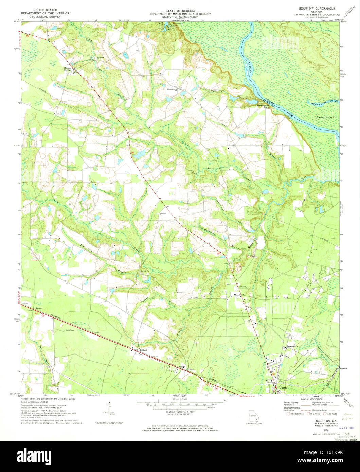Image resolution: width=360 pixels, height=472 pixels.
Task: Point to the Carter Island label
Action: [x=325, y=117]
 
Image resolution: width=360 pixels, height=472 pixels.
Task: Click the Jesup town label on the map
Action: [x=283, y=387]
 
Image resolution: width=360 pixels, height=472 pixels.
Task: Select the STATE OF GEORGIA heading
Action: [x=180, y=11]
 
